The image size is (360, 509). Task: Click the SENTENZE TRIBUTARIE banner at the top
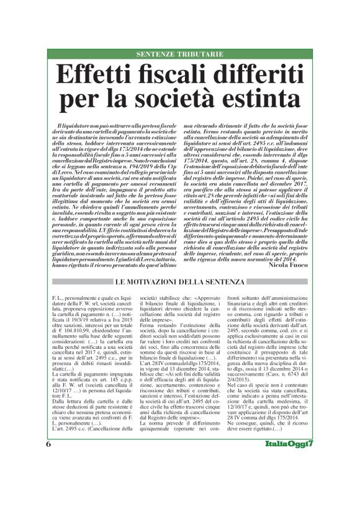[180, 54]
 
